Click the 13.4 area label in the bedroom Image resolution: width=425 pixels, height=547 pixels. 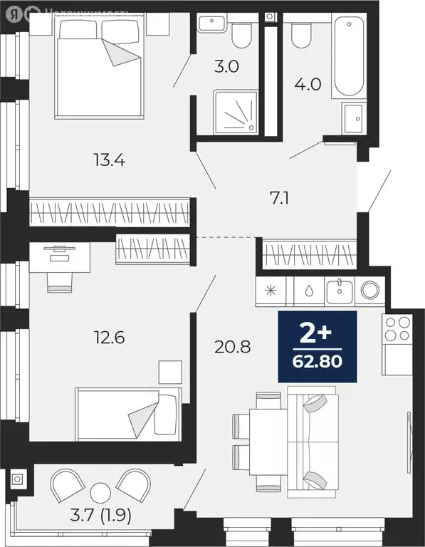point(109,160)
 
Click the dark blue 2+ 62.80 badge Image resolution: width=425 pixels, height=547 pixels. point(317,347)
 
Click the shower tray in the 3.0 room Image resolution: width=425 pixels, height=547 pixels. point(234,112)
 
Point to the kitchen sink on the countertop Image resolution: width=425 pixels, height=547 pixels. point(340,291)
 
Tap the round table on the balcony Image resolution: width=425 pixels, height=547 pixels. point(102,491)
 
